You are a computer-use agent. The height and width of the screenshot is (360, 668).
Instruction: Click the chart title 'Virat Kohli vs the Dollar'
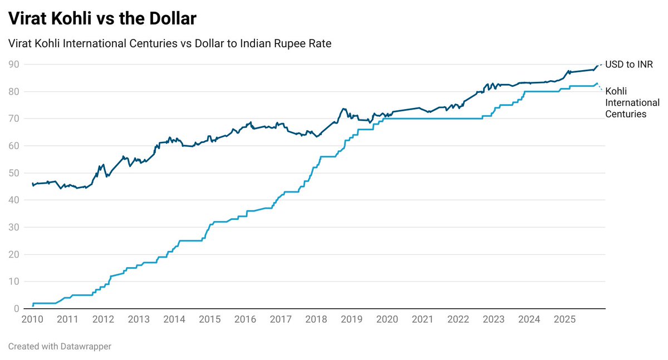[102, 18]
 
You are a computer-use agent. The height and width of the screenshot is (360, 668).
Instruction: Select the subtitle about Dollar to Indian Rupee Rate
[170, 43]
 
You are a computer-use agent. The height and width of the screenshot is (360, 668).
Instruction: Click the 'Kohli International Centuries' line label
[632, 102]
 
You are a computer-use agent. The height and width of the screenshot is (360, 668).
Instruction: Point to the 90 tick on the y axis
[14, 65]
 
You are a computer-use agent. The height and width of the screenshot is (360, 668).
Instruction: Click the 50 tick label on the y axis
[14, 173]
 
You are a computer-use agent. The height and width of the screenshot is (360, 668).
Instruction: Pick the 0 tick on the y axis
[17, 309]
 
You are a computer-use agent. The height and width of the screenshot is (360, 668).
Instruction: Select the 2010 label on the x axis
[32, 319]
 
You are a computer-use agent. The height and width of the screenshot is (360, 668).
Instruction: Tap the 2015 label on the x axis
[210, 319]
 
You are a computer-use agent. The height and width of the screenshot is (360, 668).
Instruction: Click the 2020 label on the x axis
[387, 319]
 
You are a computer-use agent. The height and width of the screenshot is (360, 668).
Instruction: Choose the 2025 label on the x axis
[564, 319]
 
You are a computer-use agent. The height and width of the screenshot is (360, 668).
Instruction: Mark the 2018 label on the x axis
[316, 319]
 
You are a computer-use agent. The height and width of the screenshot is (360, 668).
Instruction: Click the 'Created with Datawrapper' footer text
[60, 346]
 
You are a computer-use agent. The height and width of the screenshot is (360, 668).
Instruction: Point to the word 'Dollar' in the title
[169, 18]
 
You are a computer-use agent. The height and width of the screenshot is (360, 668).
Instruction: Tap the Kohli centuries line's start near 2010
[33, 305]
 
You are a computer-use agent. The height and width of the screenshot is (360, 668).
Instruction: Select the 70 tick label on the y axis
[14, 119]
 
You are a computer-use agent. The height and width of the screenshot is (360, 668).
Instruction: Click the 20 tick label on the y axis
[14, 254]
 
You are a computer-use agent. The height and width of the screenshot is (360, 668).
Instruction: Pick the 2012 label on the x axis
[104, 319]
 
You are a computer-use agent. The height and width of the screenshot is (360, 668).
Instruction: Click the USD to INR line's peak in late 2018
[343, 109]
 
